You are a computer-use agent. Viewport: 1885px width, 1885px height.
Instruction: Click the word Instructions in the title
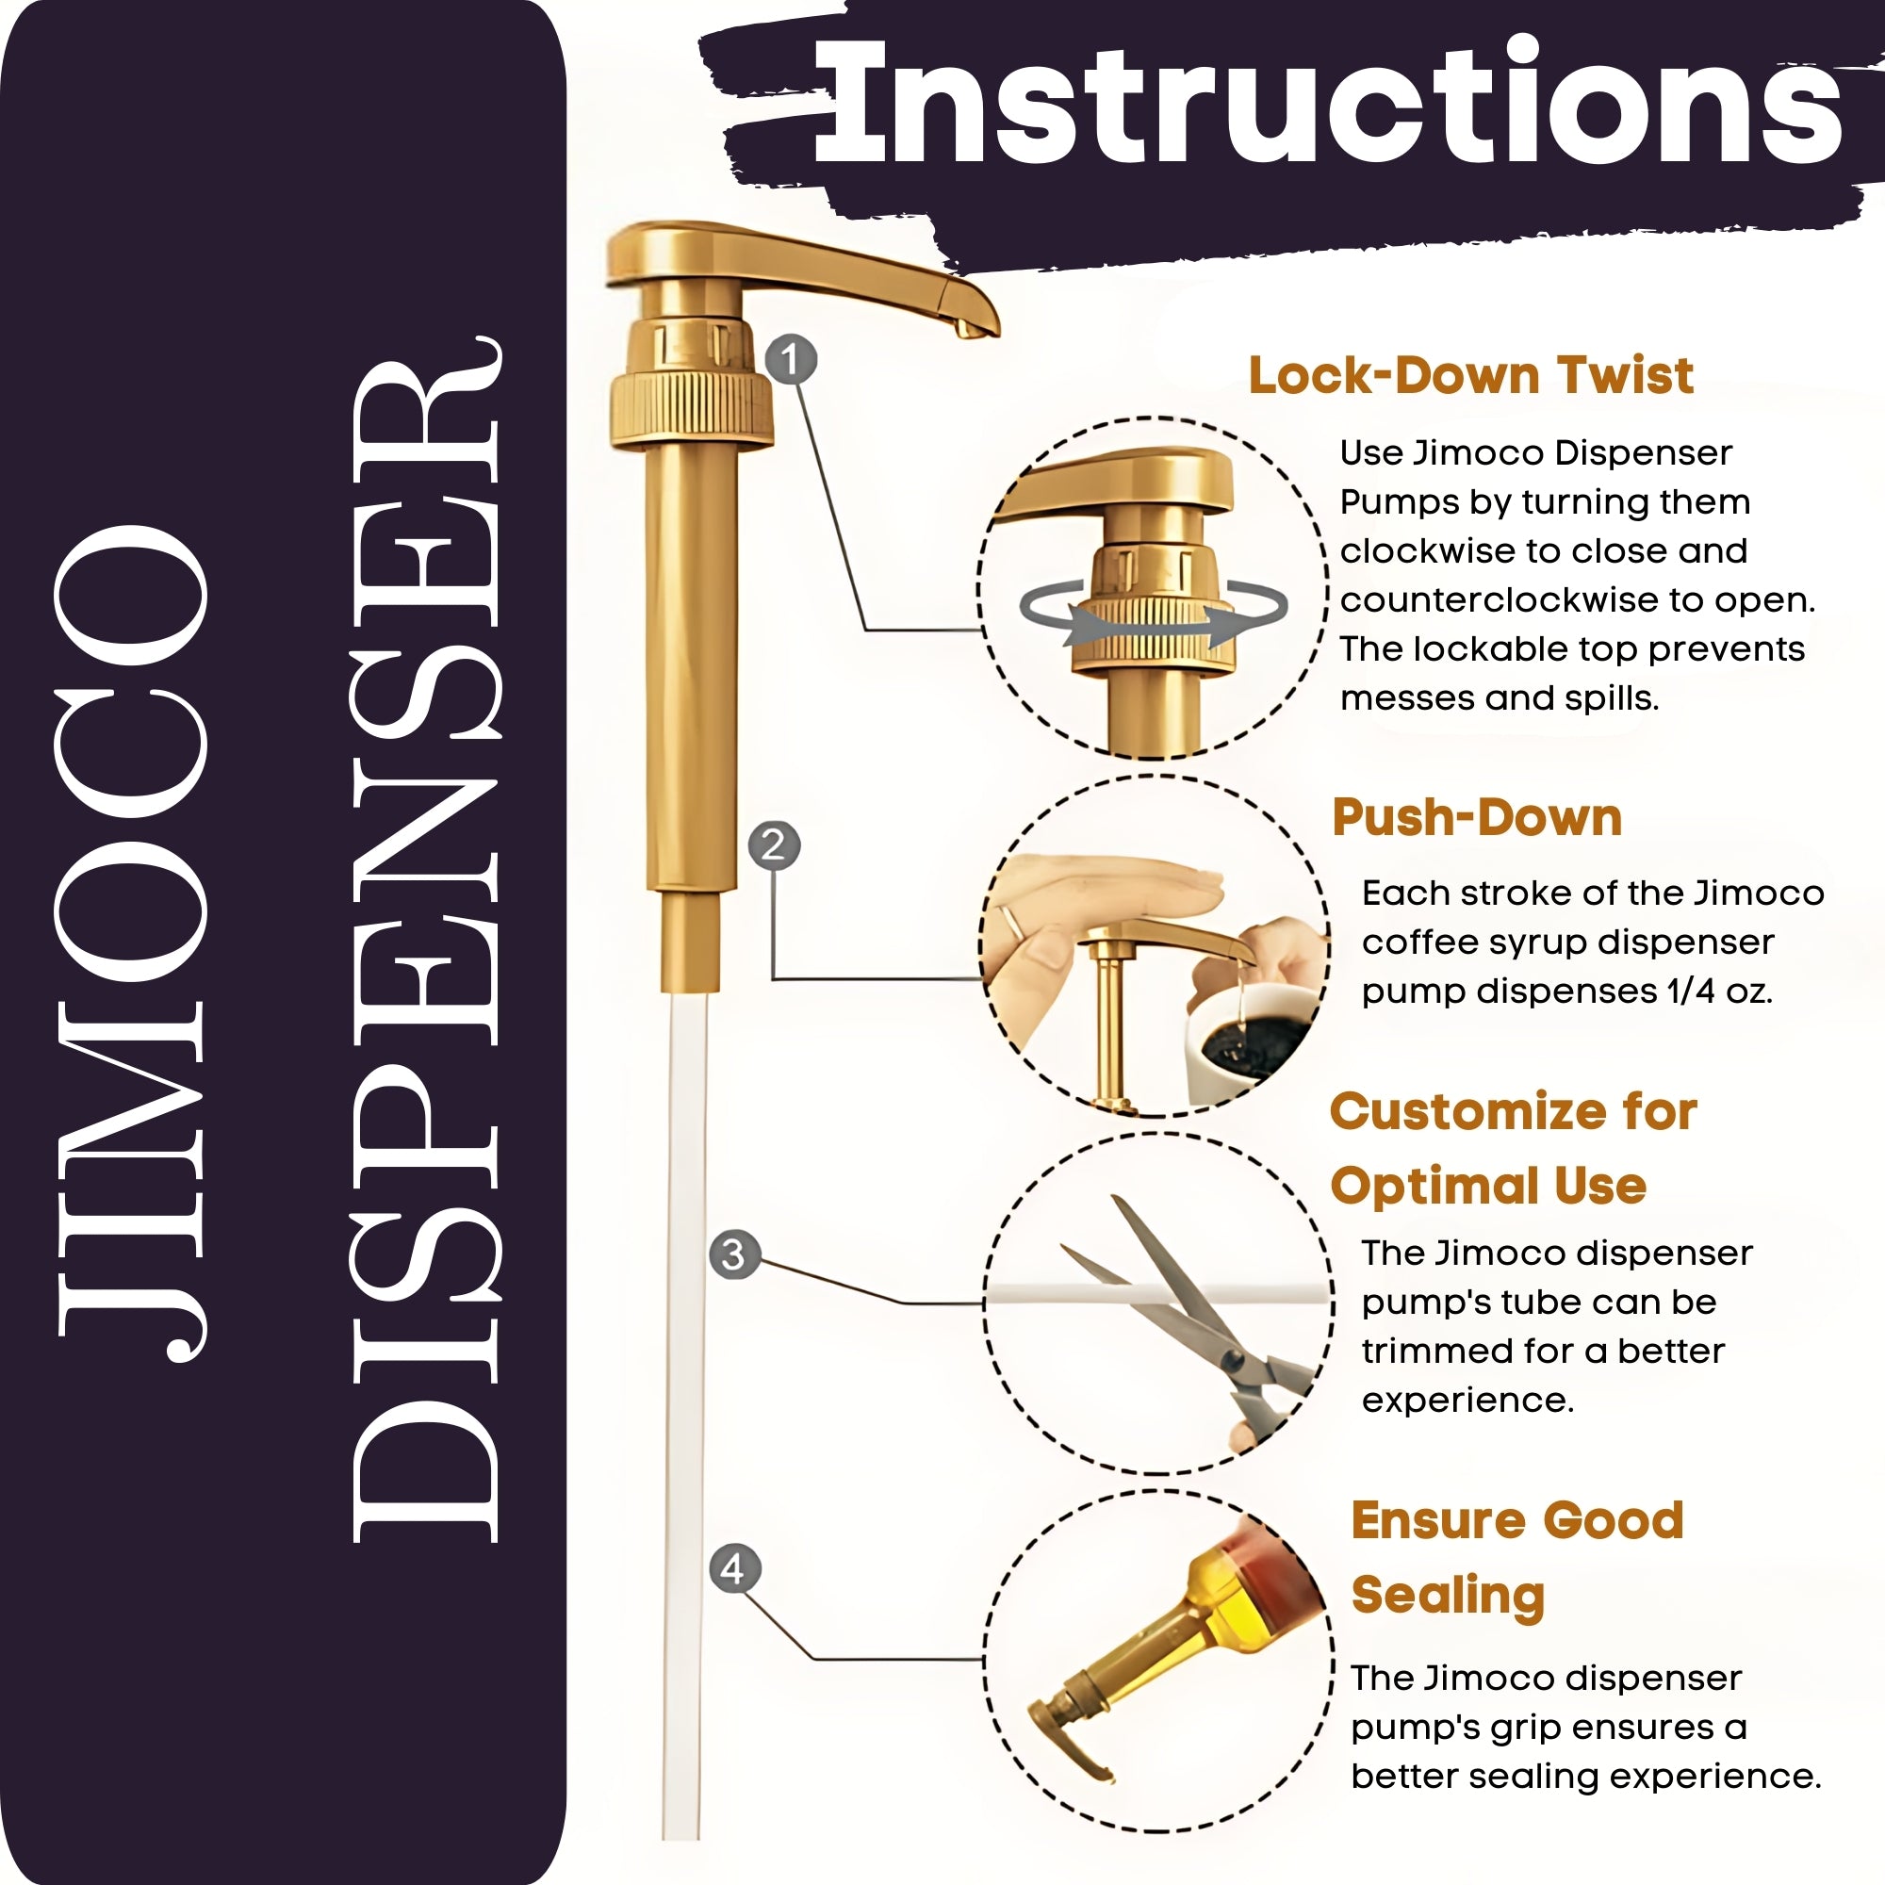point(1328,105)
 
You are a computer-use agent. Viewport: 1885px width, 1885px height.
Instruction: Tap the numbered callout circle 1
point(791,359)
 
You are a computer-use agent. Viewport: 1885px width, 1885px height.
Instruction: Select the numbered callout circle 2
point(774,844)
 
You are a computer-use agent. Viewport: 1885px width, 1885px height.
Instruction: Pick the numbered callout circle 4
point(733,1569)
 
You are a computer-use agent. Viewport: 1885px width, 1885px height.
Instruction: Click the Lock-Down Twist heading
point(1471,377)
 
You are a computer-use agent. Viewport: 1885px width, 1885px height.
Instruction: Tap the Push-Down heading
point(1477,817)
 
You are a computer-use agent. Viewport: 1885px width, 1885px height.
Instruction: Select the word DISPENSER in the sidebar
point(426,939)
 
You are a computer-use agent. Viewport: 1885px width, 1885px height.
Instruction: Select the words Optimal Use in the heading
point(1489,1187)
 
